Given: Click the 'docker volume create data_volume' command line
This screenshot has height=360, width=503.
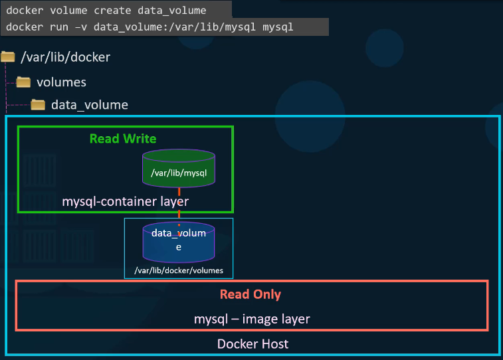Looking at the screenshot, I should click(106, 9).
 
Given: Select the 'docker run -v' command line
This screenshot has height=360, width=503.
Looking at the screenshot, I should click(150, 27).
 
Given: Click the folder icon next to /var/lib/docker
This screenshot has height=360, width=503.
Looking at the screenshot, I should click(8, 57).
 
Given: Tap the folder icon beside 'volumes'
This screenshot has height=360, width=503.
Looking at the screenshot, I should click(23, 82).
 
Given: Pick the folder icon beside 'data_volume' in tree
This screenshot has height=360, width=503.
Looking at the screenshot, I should click(38, 105).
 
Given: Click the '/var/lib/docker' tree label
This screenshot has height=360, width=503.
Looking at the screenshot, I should click(65, 57).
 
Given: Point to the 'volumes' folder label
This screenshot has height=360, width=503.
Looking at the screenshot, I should click(61, 82).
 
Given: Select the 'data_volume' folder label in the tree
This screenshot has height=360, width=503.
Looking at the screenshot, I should click(90, 105).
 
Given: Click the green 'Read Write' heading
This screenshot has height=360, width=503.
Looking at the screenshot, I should click(123, 139).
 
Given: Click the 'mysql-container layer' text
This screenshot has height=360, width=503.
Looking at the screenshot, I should click(126, 201).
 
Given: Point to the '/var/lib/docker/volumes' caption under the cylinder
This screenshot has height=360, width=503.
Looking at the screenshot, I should click(179, 270).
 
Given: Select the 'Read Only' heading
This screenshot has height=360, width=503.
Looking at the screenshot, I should click(251, 294).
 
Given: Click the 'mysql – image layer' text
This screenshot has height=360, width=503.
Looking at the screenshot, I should click(252, 319).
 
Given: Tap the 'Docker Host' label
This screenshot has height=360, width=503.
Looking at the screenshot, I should click(252, 344).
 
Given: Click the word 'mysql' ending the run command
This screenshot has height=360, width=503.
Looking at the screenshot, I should click(279, 27).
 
